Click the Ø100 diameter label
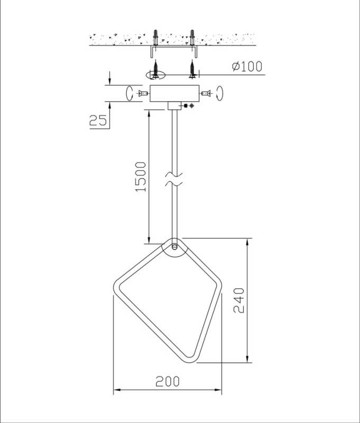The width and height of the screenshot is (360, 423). point(246,67)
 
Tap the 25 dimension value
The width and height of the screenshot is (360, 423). point(98,121)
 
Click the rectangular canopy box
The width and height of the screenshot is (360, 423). point(174,94)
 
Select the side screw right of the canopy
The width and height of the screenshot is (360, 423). point(207,94)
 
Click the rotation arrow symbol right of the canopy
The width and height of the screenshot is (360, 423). point(221,94)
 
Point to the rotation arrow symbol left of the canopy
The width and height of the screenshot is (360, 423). point(128,94)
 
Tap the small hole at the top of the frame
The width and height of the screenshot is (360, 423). point(174,246)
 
